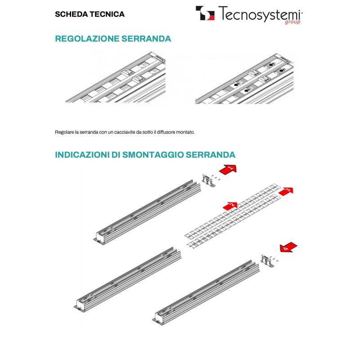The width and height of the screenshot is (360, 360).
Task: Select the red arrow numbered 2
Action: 230,206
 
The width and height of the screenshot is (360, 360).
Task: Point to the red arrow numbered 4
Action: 288,247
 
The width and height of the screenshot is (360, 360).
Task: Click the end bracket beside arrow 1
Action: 208,180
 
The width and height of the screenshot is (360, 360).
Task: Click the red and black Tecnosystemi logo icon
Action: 205,13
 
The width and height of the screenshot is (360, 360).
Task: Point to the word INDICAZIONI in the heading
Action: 81,155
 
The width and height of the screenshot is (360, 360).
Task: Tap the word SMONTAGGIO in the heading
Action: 152,155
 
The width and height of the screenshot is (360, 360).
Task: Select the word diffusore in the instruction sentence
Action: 162,132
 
